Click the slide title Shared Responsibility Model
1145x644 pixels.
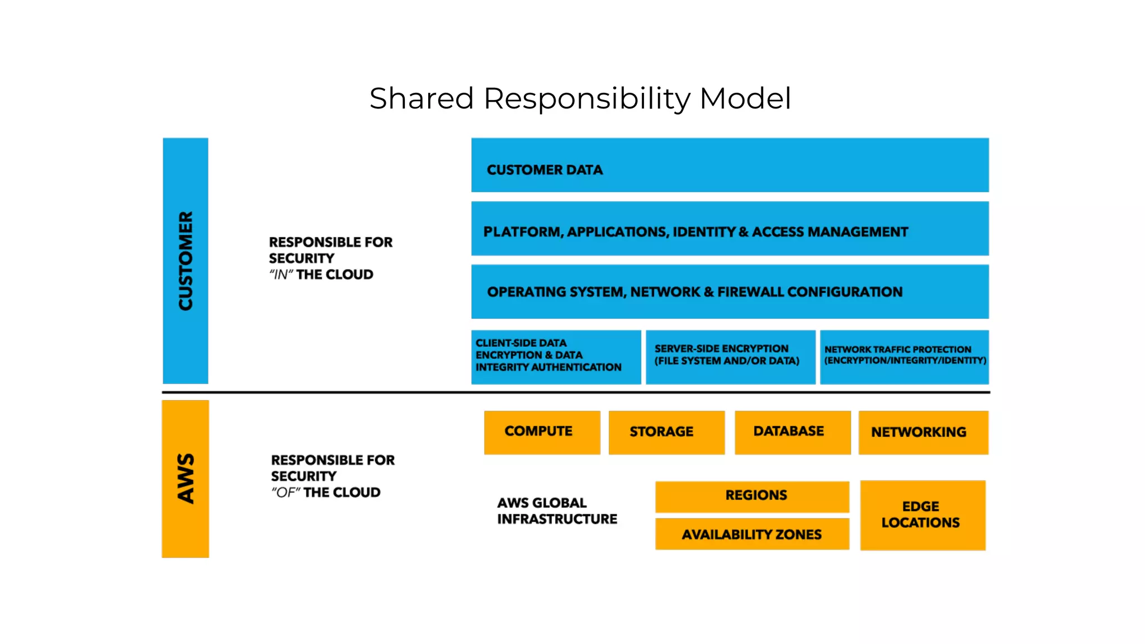[580, 98]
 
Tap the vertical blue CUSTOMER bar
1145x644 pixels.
[186, 261]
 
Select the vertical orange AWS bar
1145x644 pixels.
[186, 479]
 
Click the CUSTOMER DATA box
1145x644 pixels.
[730, 165]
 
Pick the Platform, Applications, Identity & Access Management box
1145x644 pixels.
[730, 229]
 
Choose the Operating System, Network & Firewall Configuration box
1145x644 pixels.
[730, 292]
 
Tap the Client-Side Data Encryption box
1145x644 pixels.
[556, 357]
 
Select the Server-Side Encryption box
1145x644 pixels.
[730, 357]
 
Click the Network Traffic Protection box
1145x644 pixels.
[904, 357]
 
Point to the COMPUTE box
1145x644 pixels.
[542, 432]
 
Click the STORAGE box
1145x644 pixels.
[666, 432]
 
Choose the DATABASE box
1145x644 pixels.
[792, 432]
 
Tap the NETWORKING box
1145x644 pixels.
[923, 432]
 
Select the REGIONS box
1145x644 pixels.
[752, 496]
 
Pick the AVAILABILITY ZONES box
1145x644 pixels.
[752, 534]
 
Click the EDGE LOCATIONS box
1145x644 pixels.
[922, 515]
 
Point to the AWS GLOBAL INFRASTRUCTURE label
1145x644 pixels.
[557, 511]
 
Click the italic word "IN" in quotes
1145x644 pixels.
[281, 275]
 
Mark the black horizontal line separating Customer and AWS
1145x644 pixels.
[576, 392]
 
